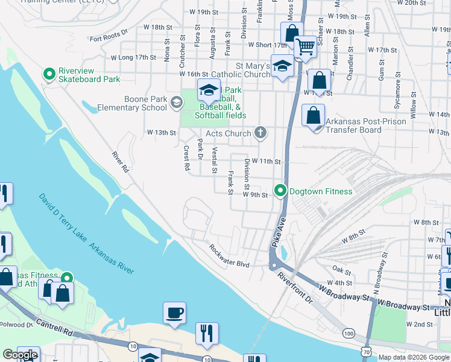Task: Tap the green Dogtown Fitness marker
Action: click(x=280, y=191)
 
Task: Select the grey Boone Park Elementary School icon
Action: click(x=176, y=103)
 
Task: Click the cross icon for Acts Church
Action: click(x=260, y=133)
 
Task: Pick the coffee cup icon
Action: click(x=174, y=313)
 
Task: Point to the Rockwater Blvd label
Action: click(x=229, y=256)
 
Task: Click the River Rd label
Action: click(x=121, y=162)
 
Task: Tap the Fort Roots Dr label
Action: click(x=109, y=36)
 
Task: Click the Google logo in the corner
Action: click(x=19, y=355)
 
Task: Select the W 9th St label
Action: click(x=255, y=195)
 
